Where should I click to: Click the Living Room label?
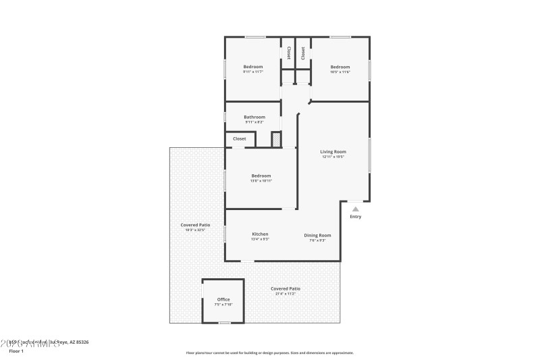[x=333, y=151]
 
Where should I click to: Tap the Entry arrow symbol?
[x=356, y=209]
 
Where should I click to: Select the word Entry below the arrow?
[x=356, y=217]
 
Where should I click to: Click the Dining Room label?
[x=317, y=235]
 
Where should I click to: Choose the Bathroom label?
[x=254, y=117]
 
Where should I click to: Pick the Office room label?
[x=223, y=299]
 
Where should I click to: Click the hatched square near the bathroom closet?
[x=276, y=139]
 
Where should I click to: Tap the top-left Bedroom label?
[x=253, y=66]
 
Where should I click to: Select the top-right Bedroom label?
[x=340, y=66]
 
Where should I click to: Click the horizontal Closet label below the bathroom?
[x=240, y=138]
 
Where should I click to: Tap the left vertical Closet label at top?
[x=289, y=52]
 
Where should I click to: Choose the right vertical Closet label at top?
[x=303, y=52]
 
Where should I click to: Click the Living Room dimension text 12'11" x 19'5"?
[x=333, y=157]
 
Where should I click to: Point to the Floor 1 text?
[x=16, y=351]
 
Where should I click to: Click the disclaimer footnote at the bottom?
[x=269, y=353]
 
